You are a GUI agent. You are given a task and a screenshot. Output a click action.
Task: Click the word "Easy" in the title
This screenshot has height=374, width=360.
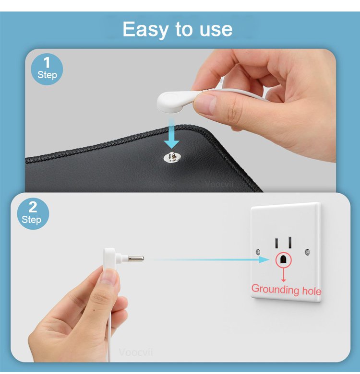pyautogui.click(x=145, y=30)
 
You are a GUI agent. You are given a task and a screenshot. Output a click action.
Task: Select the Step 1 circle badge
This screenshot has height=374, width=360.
pyautogui.click(x=47, y=69)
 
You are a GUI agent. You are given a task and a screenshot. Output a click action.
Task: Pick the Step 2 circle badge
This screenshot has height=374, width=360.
pyautogui.click(x=33, y=213)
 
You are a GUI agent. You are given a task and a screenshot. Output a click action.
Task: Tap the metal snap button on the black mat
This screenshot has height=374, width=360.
pyautogui.click(x=172, y=157)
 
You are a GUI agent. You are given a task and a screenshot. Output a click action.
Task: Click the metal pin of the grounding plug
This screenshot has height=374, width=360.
pyautogui.click(x=136, y=258)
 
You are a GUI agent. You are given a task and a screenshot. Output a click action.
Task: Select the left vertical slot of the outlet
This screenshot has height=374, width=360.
pyautogui.click(x=276, y=243)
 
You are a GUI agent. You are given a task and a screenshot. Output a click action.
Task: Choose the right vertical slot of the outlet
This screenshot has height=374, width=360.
pyautogui.click(x=290, y=243)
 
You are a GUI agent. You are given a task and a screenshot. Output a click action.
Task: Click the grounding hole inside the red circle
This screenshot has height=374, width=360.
pyautogui.click(x=284, y=259)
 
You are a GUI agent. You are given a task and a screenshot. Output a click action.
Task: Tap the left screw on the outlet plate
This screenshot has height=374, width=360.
pyautogui.click(x=258, y=252)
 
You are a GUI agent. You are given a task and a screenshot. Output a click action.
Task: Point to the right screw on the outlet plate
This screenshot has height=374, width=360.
pyautogui.click(x=308, y=252)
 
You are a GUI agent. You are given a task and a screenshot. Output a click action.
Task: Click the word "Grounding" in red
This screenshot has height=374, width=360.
pyautogui.click(x=275, y=289)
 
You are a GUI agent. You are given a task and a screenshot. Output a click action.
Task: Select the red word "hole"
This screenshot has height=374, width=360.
pyautogui.click(x=312, y=291)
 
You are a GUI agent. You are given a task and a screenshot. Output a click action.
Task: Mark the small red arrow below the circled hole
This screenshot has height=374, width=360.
pyautogui.click(x=284, y=274)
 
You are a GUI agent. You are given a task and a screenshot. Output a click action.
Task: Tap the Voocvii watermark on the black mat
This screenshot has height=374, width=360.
pyautogui.click(x=219, y=184)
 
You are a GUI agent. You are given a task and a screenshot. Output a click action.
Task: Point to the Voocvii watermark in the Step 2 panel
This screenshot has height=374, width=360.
pyautogui.click(x=135, y=352)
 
